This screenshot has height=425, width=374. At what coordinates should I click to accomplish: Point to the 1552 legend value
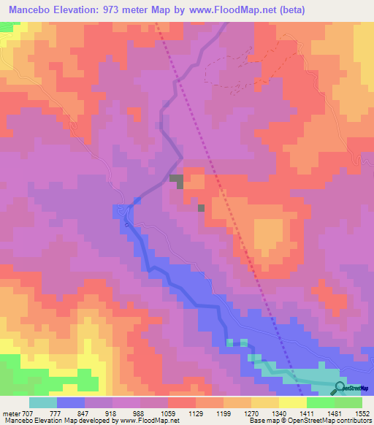coord(362,413)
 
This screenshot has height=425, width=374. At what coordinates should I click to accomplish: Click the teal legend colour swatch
coord(43,402)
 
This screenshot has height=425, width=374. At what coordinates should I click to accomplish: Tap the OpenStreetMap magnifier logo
coord(340,387)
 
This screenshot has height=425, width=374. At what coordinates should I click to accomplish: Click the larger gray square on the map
coord(176,180)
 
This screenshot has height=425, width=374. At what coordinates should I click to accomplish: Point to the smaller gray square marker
coord(201,208)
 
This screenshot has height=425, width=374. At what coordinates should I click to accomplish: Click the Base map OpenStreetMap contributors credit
coord(309,421)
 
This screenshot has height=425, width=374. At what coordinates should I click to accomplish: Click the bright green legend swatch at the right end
coord(348,402)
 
